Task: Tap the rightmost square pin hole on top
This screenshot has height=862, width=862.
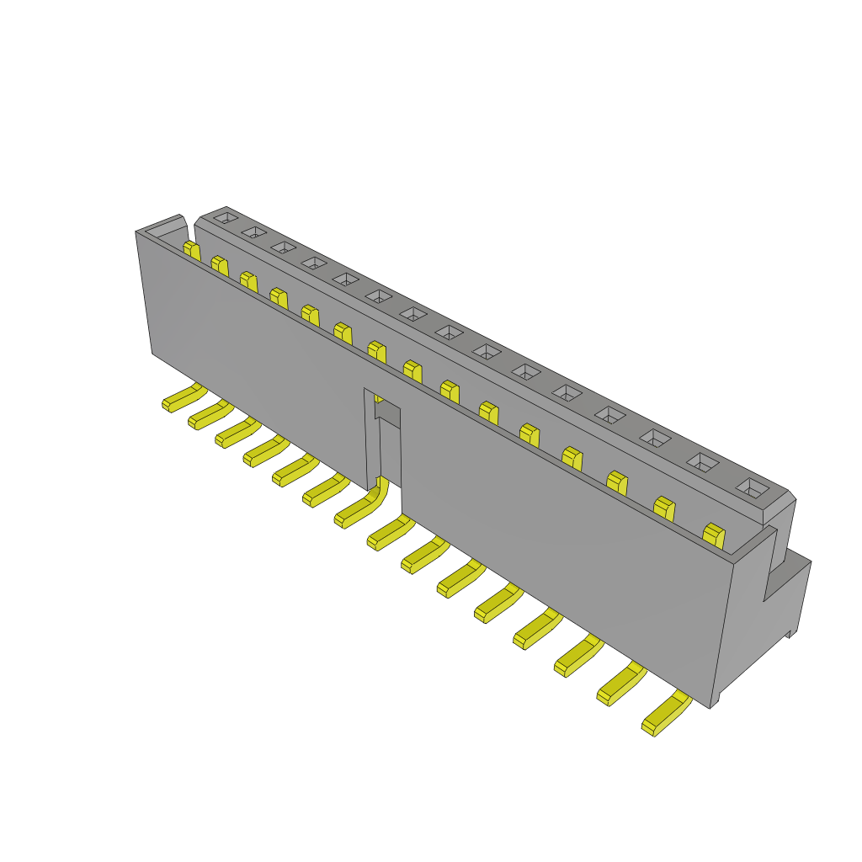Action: pos(753,488)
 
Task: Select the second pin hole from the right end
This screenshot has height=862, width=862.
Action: pos(704,462)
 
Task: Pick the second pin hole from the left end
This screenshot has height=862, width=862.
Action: pos(253,231)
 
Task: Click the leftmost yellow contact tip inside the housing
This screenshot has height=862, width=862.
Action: pos(192,250)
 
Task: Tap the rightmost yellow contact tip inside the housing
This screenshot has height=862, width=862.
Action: pos(714,535)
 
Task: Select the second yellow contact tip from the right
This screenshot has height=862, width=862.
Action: pos(664,508)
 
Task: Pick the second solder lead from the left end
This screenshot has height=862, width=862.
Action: pos(209,414)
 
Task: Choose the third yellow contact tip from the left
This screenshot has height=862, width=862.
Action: pos(248,280)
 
